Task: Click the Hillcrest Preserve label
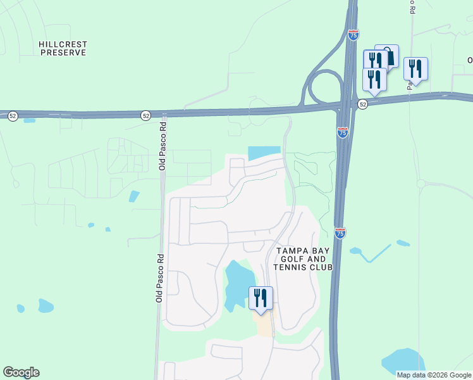coord(63,49)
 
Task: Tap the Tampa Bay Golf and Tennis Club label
coord(302,259)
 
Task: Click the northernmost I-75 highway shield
coord(353,35)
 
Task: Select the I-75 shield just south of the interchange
coord(342,132)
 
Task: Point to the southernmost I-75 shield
coord(340,233)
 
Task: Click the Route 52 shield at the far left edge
coord(13,115)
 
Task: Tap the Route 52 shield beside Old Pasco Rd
coord(146,115)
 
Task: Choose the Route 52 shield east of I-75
coord(362,104)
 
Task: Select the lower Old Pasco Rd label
coord(159,278)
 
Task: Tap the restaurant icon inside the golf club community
coord(261,298)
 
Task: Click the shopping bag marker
coord(387,56)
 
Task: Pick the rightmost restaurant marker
coord(415,68)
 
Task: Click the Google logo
coord(21,372)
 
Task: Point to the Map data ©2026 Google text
coord(434,375)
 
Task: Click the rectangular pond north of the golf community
coord(264,153)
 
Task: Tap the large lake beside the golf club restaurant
coord(239,282)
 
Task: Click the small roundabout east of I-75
coord(421,184)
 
